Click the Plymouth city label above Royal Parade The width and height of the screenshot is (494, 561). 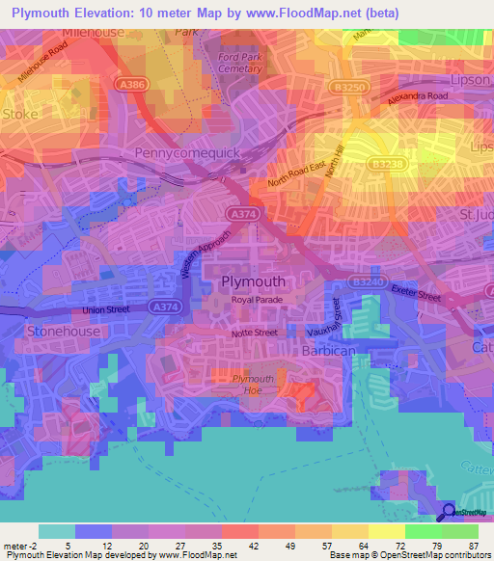(254, 281)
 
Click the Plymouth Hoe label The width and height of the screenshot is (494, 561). (254, 385)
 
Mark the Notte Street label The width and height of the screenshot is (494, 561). (254, 333)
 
